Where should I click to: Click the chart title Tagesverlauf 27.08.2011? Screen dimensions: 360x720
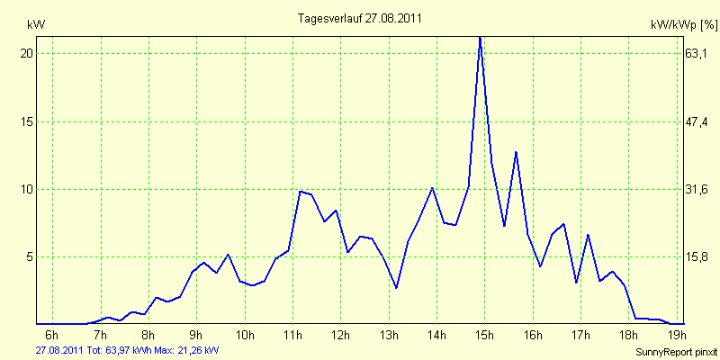(x=360, y=18)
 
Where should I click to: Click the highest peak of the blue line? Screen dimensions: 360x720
(x=480, y=37)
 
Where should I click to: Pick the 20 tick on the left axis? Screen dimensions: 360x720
(x=27, y=53)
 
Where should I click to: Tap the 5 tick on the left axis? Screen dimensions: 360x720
(x=30, y=256)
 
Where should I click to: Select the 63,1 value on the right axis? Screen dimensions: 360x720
(x=697, y=53)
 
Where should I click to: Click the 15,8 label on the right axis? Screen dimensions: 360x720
(x=697, y=256)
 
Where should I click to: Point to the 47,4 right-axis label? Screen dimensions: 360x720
(x=697, y=121)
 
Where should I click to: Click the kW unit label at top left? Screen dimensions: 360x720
(x=36, y=23)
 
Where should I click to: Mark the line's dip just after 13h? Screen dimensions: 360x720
(x=396, y=288)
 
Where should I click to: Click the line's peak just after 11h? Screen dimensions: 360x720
(x=301, y=191)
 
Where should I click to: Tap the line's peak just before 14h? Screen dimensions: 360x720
(x=433, y=188)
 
